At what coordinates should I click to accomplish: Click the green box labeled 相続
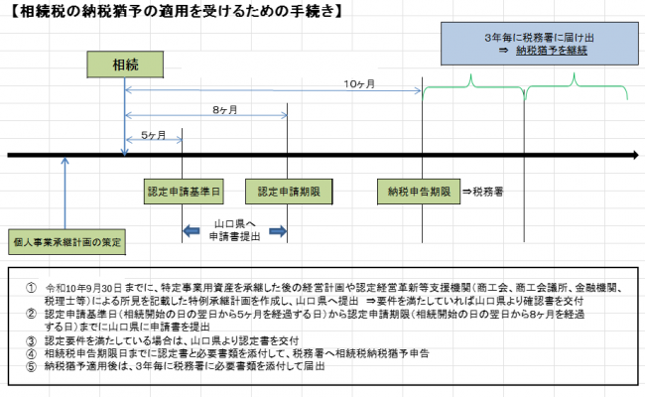pyautogui.click(x=125, y=65)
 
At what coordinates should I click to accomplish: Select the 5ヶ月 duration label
pyautogui.click(x=154, y=134)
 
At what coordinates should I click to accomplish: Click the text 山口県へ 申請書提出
pyautogui.click(x=235, y=232)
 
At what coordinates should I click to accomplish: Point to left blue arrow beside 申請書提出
pyautogui.click(x=191, y=231)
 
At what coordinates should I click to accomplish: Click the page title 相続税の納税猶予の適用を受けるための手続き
pyautogui.click(x=165, y=13)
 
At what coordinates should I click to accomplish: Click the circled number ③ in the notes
pyautogui.click(x=32, y=339)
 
